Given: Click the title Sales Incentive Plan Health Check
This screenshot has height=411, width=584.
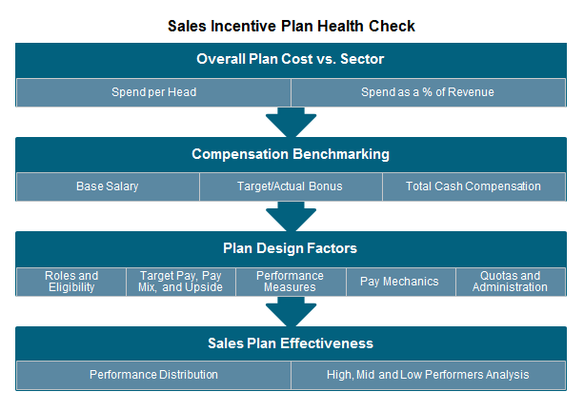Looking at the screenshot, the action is click(291, 26).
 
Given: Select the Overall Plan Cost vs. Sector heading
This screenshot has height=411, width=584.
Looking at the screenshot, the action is click(291, 59).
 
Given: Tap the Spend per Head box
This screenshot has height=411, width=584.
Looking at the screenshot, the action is click(153, 92).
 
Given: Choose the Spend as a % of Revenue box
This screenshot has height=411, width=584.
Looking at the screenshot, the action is click(428, 92).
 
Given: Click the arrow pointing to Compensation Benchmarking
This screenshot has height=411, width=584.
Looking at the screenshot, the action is click(291, 123).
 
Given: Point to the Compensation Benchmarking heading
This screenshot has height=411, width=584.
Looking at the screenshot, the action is click(291, 154).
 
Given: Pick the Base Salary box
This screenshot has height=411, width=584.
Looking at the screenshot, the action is click(108, 186).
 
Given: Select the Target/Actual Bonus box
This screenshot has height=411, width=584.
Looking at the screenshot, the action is click(291, 186).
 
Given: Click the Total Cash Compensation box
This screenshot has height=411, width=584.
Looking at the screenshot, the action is click(473, 186).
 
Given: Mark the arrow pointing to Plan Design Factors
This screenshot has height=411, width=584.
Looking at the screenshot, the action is click(291, 217).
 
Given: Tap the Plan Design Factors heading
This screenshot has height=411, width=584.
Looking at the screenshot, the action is click(291, 248).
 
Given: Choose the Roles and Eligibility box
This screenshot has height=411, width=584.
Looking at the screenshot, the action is click(71, 282).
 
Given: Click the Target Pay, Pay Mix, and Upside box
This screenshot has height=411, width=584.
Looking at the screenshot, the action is click(181, 282).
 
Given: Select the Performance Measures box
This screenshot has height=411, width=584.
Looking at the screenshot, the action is click(291, 282).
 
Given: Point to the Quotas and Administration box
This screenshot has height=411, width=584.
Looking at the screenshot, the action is click(511, 282).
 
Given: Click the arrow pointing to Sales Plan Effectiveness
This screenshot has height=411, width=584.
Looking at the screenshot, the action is click(291, 312).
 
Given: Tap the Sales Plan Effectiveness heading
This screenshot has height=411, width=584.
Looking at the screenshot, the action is click(291, 343).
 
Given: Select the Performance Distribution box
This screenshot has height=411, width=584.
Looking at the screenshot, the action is click(153, 375).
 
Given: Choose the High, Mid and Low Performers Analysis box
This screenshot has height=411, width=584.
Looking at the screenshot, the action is click(428, 375).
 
